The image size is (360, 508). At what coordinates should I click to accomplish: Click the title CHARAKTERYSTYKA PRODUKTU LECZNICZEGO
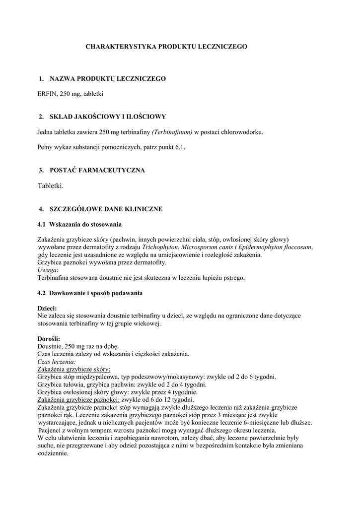pos(166,47)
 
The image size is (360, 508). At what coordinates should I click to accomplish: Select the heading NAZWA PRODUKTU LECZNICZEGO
pos(108,79)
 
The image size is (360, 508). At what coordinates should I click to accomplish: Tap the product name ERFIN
pos(47,93)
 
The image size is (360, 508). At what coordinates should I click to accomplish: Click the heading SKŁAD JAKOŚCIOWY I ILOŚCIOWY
pos(108,117)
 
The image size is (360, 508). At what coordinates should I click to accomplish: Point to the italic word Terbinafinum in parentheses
pos(172,132)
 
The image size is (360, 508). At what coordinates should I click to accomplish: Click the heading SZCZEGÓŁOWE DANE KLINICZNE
pos(106,209)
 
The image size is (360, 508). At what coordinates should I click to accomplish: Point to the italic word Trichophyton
pos(160,247)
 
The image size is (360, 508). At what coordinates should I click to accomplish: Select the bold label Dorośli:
pos(49,338)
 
